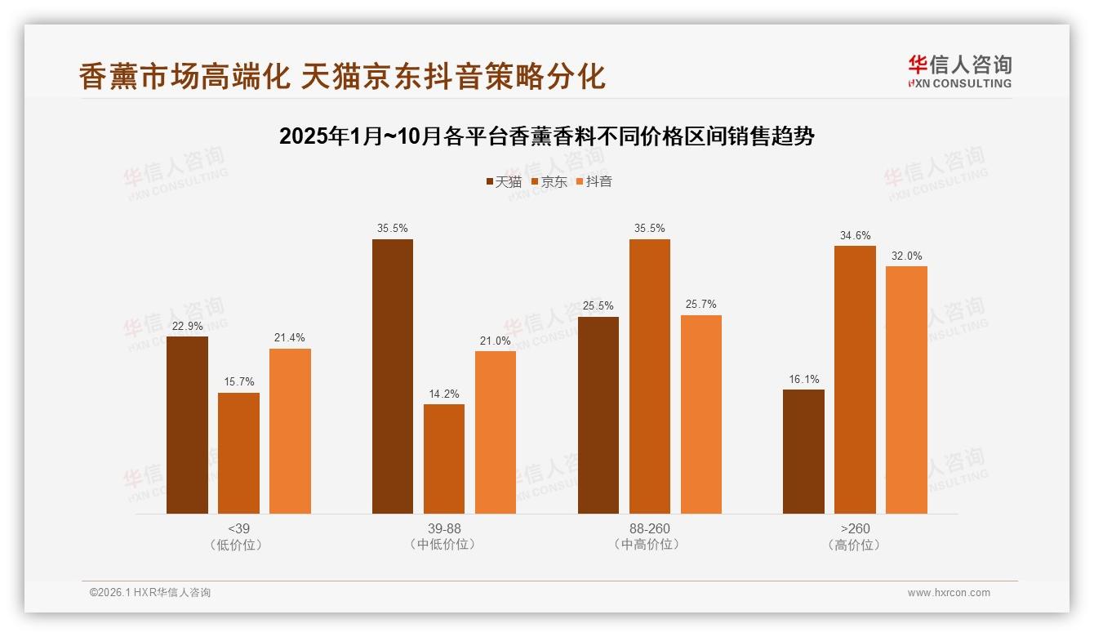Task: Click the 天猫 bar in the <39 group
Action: coord(187,425)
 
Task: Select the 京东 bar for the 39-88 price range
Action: coord(443,459)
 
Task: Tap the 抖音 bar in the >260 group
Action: coord(906,390)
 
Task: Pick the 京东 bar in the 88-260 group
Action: coord(649,376)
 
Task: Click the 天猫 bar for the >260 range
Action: coord(803,452)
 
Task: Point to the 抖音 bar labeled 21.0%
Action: coord(495,432)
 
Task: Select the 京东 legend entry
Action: coord(549,181)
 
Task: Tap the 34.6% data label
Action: coord(855,235)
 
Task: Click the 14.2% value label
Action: coord(443,394)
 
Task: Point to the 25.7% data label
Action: coord(700,305)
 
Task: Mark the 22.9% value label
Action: coord(187,326)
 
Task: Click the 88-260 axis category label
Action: coord(649,528)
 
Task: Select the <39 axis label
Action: coord(238,528)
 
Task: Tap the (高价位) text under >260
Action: coord(854,545)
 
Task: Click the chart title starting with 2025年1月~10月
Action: coord(546,136)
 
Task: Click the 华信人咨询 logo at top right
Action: coord(959,71)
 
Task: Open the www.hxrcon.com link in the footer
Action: coord(948,593)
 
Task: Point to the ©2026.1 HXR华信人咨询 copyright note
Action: coord(150,593)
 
